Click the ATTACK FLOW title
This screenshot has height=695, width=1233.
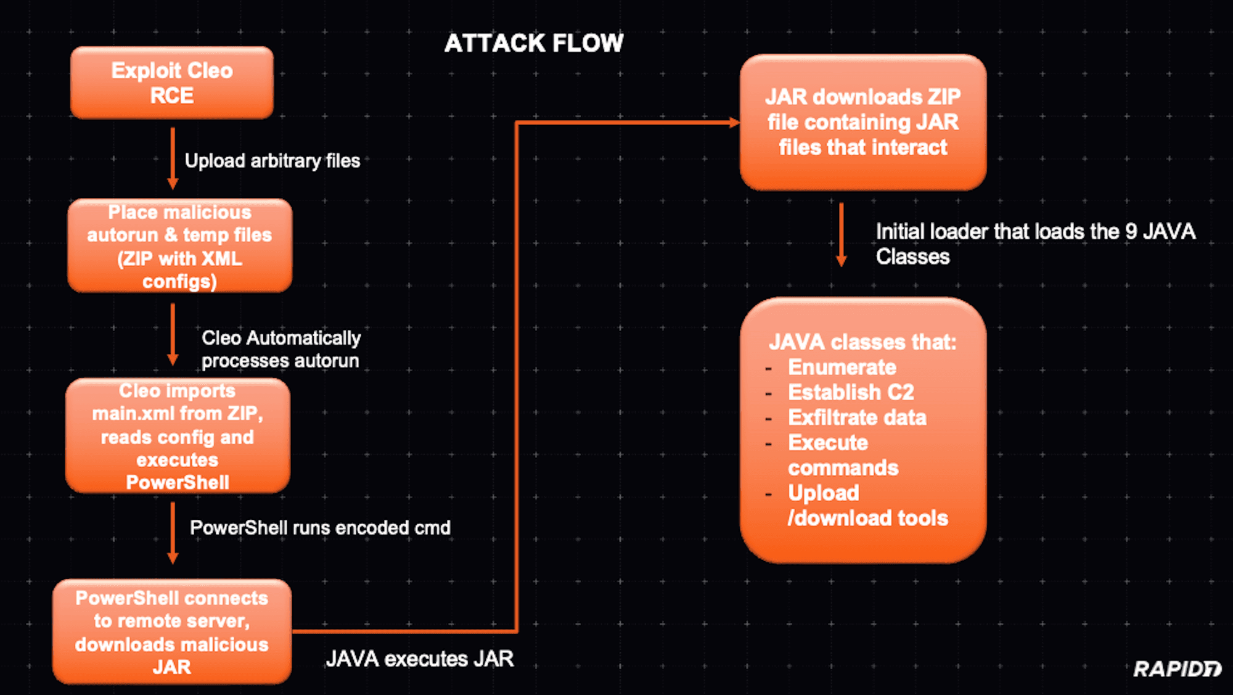533,43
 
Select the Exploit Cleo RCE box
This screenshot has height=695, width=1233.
172,83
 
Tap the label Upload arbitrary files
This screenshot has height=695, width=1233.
272,161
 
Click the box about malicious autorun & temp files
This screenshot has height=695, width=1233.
179,245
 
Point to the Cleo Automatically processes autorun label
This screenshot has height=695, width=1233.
281,349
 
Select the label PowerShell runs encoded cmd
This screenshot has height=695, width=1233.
320,528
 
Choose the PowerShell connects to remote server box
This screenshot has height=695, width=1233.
172,631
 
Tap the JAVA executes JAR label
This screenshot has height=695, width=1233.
419,659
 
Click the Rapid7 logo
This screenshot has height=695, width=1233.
1176,669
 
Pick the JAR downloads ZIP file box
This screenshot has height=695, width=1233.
862,122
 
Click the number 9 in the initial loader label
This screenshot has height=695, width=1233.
1131,232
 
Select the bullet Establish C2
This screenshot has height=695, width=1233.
851,392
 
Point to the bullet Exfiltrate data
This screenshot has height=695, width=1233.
857,417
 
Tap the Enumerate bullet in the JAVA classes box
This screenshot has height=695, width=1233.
842,368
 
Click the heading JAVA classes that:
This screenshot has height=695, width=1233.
862,342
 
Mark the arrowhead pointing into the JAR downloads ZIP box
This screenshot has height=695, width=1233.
734,123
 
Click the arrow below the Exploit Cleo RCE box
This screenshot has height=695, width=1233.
173,158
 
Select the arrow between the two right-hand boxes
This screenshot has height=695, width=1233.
841,235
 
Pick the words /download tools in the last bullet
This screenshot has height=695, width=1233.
867,519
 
